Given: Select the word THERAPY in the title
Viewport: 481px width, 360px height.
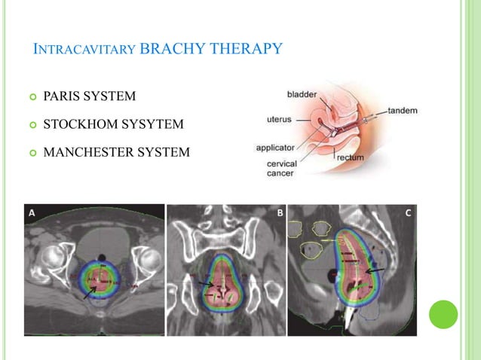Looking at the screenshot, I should tap(242, 50).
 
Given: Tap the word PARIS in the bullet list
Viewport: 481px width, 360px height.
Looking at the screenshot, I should tap(63, 96).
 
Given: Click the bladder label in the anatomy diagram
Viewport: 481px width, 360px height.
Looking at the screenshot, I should tap(302, 95).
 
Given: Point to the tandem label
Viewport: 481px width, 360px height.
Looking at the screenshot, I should tap(403, 111).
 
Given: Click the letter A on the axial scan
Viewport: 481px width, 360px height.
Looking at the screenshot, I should tap(32, 213).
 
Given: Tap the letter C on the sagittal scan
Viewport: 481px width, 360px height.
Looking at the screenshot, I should tap(408, 213).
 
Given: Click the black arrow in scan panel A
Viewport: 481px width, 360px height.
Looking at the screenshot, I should tap(89, 292).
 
